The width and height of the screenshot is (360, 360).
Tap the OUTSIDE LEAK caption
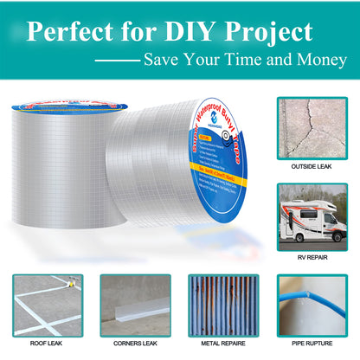click(x=312, y=166)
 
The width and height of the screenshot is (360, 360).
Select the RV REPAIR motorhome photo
click(x=312, y=214)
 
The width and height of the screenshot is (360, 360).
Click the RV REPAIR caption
click(x=312, y=255)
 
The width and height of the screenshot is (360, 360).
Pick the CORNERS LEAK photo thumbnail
click(x=135, y=305)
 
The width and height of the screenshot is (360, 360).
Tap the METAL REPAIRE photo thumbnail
click(x=223, y=305)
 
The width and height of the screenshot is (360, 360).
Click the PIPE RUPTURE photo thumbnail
click(x=312, y=305)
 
